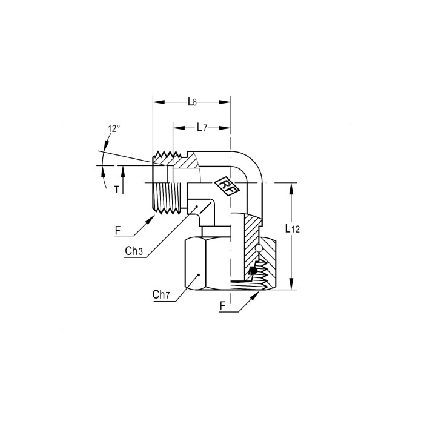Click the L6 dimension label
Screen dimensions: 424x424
(x=192, y=102)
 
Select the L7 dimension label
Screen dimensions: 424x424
(x=202, y=127)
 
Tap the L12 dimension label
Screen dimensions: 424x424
(x=293, y=229)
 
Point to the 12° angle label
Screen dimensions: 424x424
(x=114, y=128)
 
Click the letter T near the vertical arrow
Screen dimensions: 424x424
(x=116, y=190)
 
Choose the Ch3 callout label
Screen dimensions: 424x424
(x=134, y=251)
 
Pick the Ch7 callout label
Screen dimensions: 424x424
(x=161, y=294)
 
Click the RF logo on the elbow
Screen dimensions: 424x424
(x=227, y=187)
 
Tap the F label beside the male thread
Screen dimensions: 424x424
(x=118, y=231)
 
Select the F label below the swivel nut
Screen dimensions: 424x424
(x=222, y=306)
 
